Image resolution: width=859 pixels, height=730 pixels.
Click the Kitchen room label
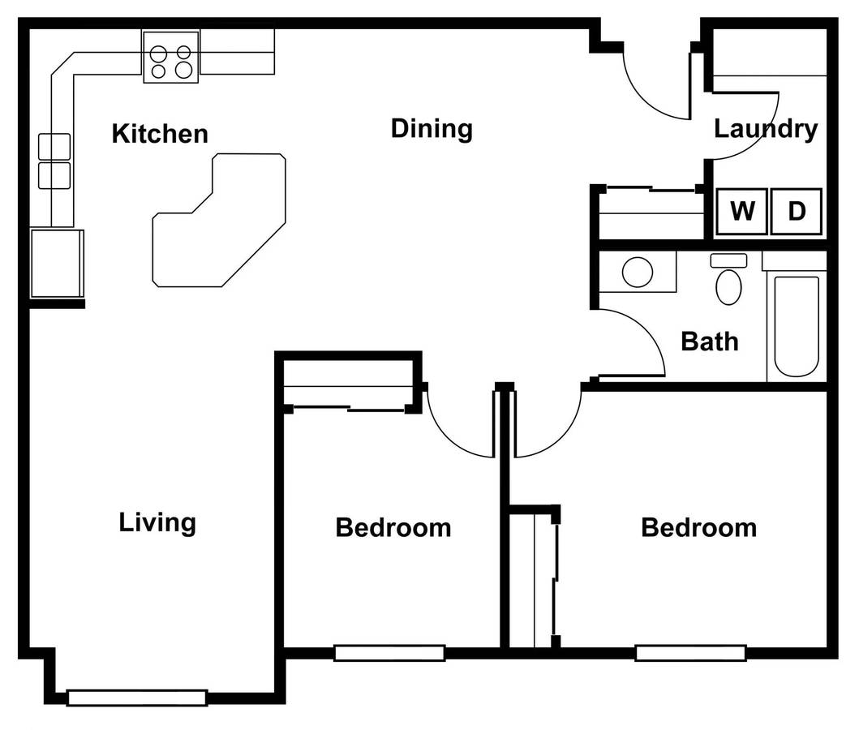[160, 134]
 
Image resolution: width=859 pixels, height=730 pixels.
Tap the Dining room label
[432, 129]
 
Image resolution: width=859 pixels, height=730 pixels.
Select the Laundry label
[766, 129]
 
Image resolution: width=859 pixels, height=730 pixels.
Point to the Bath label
[710, 341]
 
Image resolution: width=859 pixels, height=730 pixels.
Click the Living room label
[157, 522]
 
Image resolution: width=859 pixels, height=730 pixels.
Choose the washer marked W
[741, 212]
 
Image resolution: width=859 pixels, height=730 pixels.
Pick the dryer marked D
[797, 212]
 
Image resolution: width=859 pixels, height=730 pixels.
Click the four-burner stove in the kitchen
[171, 57]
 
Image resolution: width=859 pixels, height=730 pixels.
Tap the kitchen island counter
[219, 220]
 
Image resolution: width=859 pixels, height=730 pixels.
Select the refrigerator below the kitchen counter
[57, 264]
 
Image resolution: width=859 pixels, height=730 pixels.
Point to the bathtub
[797, 326]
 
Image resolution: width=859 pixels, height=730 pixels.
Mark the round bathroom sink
[638, 273]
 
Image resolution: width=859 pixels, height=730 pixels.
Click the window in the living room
[137, 698]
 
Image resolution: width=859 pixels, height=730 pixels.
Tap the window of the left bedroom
[389, 653]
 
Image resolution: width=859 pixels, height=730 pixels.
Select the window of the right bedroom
[691, 653]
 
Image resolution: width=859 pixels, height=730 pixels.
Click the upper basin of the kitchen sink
[54, 147]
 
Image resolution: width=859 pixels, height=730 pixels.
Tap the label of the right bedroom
[699, 528]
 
